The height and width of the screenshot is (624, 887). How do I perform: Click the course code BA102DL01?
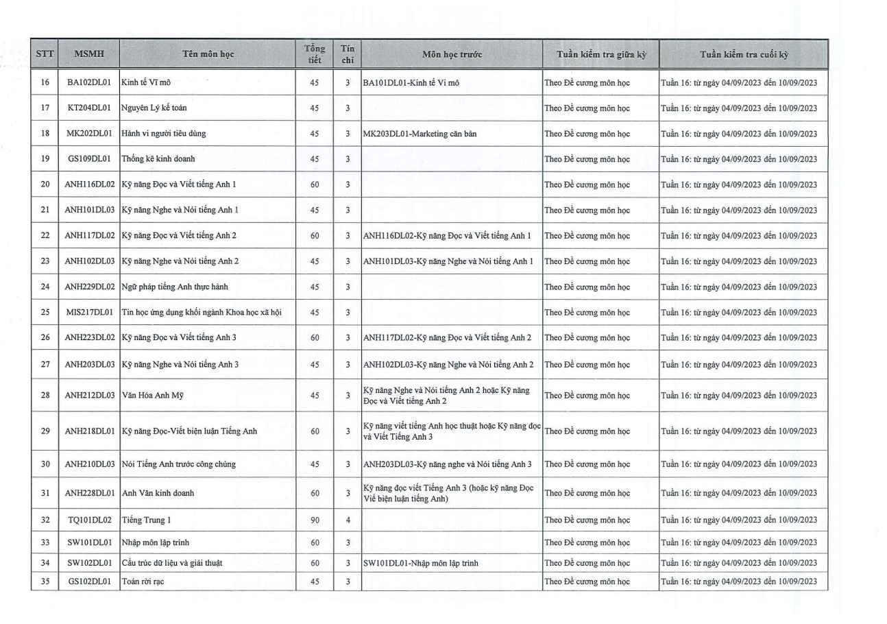(x=90, y=82)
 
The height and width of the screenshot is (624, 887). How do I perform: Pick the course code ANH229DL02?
(x=90, y=287)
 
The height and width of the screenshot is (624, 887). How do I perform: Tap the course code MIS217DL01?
(x=90, y=313)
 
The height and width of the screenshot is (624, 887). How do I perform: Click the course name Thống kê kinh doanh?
(x=158, y=159)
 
